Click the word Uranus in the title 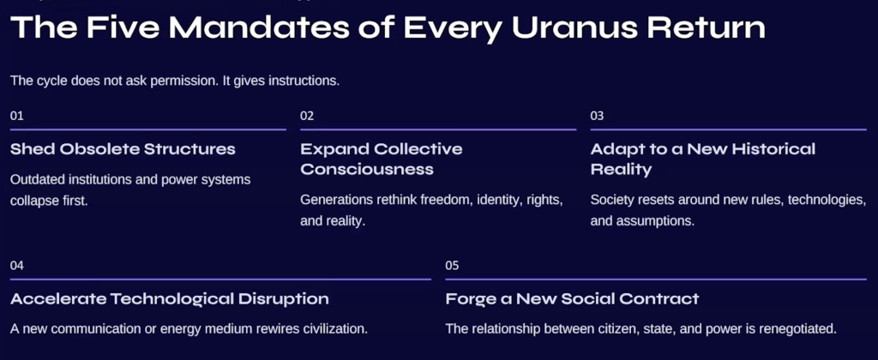pyautogui.click(x=574, y=27)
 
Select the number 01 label pyautogui.click(x=17, y=116)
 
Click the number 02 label pyautogui.click(x=307, y=116)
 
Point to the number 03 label pyautogui.click(x=597, y=116)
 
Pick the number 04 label pyautogui.click(x=17, y=266)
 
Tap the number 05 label pyautogui.click(x=452, y=266)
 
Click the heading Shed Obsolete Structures pyautogui.click(x=123, y=149)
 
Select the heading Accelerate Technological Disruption pyautogui.click(x=169, y=299)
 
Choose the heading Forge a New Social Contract pyautogui.click(x=572, y=299)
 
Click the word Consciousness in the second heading pyautogui.click(x=367, y=169)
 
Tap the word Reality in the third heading pyautogui.click(x=621, y=170)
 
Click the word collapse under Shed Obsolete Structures pyautogui.click(x=33, y=201)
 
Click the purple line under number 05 pyautogui.click(x=656, y=279)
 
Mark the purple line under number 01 pyautogui.click(x=147, y=129)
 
